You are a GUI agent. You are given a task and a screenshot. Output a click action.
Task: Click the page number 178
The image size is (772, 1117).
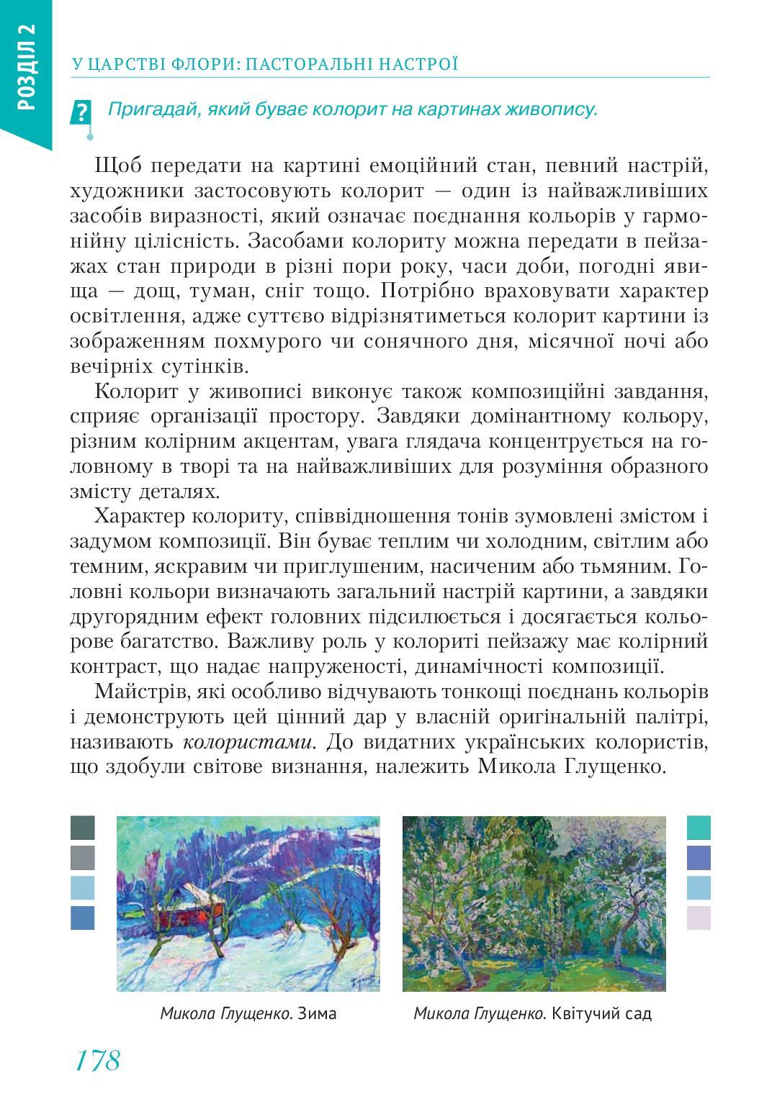coord(96,1059)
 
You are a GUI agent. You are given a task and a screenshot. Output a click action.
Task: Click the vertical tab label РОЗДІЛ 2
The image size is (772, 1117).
coord(25,67)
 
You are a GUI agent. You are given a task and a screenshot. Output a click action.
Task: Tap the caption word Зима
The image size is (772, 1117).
coord(317,1013)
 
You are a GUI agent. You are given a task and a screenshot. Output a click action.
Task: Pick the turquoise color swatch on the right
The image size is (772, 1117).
coord(699,828)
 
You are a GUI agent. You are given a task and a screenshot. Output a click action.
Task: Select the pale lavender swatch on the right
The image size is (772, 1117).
coord(699,918)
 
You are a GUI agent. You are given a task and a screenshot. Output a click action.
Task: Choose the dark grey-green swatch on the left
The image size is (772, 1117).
coord(83,828)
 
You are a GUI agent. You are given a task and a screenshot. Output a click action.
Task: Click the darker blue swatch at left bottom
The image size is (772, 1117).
coord(83,918)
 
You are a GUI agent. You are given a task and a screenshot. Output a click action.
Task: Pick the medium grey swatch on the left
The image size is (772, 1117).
coord(83,858)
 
